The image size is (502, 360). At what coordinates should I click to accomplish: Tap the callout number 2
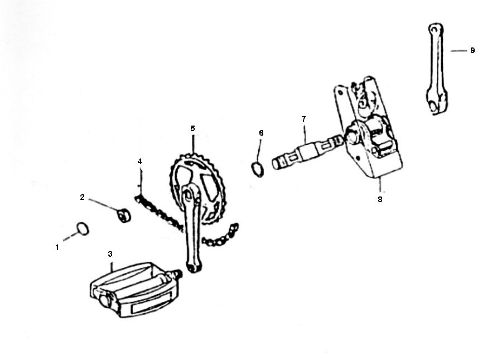[x=82, y=197]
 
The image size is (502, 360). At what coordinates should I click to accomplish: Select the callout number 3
[x=110, y=254]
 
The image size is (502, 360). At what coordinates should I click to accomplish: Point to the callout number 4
[x=140, y=161]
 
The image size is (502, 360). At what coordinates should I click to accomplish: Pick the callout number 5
[x=192, y=128]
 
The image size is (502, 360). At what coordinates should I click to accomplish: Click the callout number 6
[x=261, y=133]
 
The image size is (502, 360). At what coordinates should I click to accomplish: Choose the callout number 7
[x=303, y=119]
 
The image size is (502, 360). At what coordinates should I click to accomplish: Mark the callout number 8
[x=380, y=199]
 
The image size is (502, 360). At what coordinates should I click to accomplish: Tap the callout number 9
[x=472, y=50]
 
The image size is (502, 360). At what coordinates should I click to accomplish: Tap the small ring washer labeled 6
[x=258, y=168]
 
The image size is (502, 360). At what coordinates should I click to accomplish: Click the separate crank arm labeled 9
[x=437, y=67]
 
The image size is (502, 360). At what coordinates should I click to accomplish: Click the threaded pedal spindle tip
[x=177, y=275]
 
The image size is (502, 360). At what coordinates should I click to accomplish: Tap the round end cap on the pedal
[x=104, y=300]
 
